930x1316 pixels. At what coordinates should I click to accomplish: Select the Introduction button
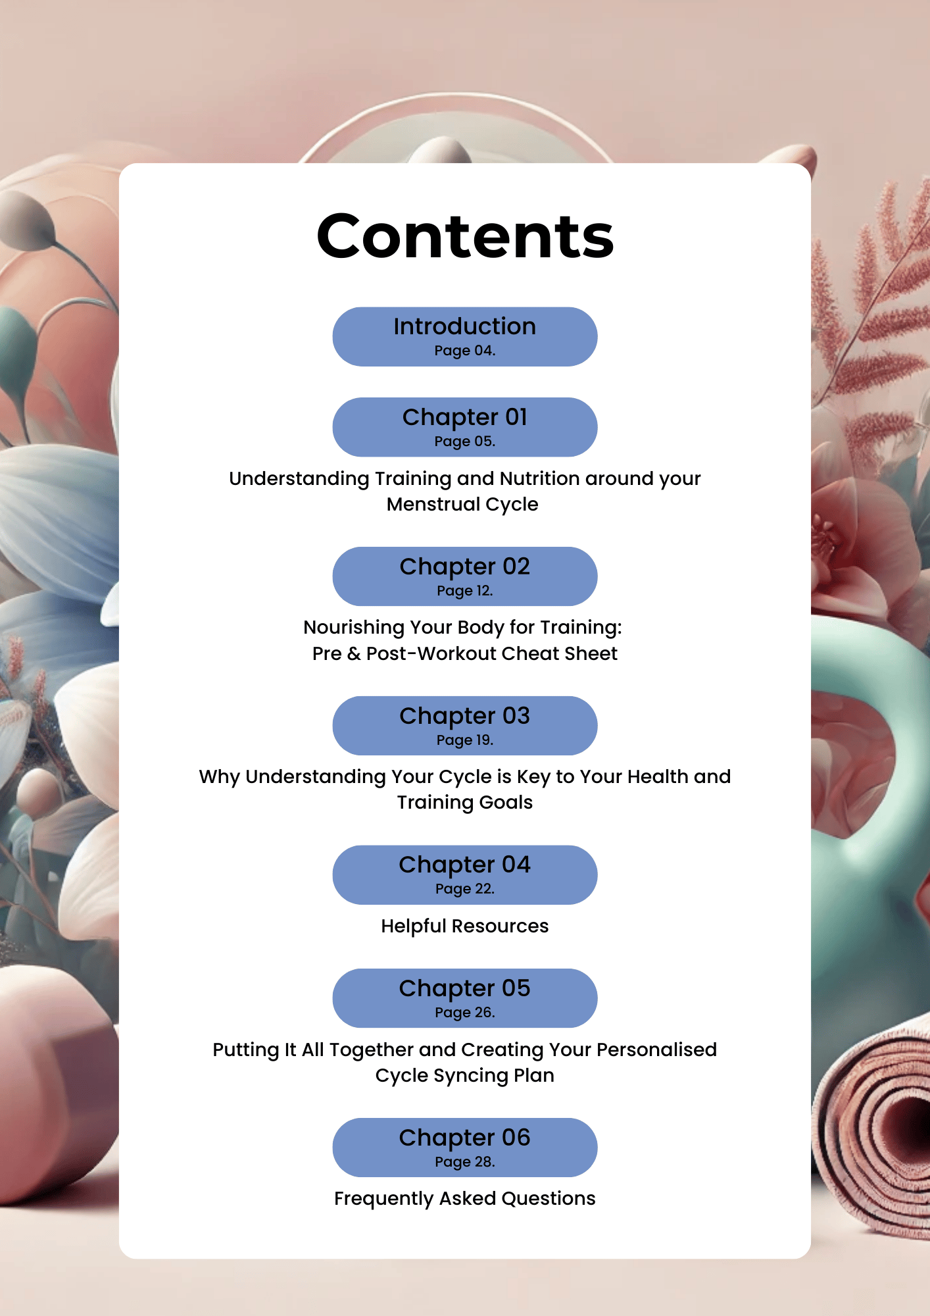click(465, 336)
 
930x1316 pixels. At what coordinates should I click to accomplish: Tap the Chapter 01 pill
click(465, 426)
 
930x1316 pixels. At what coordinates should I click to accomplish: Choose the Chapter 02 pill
click(465, 576)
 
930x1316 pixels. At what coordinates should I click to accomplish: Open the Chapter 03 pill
click(465, 725)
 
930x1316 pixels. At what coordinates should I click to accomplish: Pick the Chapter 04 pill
click(465, 874)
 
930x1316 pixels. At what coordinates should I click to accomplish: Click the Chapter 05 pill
click(465, 998)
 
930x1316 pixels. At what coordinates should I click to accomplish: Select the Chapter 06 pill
click(465, 1147)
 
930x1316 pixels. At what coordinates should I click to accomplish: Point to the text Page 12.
click(465, 591)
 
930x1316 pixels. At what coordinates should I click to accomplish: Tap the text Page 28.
click(465, 1162)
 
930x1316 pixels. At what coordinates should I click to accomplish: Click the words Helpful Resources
click(465, 926)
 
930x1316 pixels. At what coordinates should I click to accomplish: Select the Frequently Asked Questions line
click(465, 1198)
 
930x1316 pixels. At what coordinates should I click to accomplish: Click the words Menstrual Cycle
click(462, 504)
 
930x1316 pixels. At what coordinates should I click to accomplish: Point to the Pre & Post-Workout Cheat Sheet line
click(465, 653)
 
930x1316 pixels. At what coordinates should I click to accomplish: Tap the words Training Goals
click(465, 802)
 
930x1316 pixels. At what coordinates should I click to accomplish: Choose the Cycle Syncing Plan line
click(465, 1075)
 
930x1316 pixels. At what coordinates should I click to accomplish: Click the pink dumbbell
click(53, 1086)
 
